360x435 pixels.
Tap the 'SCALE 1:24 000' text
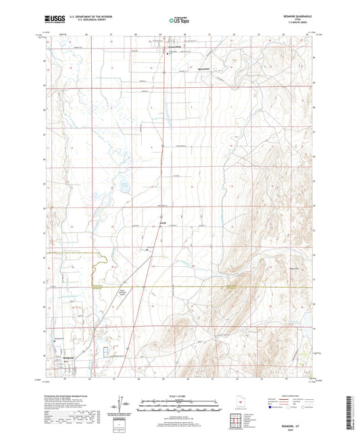tap(179, 395)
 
